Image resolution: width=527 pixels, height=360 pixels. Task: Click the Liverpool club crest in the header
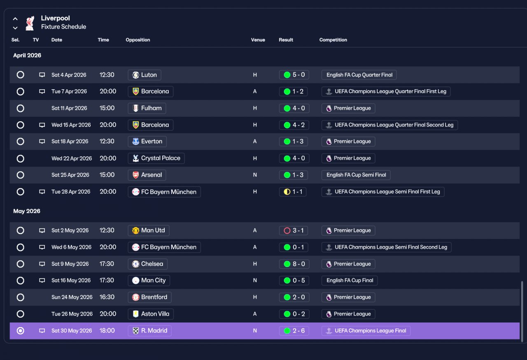(x=30, y=23)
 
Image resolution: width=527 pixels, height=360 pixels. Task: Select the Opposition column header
(x=138, y=40)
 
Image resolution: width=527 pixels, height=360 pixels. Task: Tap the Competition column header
(x=333, y=40)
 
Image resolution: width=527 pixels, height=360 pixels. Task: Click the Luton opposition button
(x=145, y=75)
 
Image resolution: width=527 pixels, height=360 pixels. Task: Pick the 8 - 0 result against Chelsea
(x=294, y=264)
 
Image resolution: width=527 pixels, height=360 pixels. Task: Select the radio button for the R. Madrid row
(x=21, y=331)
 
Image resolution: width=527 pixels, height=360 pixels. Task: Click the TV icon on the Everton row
(x=42, y=141)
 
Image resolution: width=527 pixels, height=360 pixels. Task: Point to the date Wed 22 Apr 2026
(x=72, y=158)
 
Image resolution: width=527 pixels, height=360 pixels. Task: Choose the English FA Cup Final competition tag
(x=350, y=280)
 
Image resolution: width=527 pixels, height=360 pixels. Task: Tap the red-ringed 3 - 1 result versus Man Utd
(x=294, y=230)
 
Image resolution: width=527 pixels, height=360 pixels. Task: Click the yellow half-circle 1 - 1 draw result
(x=293, y=192)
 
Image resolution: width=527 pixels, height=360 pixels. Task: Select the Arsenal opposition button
(x=147, y=175)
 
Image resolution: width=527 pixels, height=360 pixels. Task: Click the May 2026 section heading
(x=27, y=211)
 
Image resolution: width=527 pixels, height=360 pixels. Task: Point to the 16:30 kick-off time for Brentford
(x=107, y=297)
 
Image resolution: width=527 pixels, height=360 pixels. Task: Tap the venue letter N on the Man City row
(x=255, y=280)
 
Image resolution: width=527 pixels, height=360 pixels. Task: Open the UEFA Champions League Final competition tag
(x=366, y=331)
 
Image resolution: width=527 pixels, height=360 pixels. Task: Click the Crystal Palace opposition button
(x=156, y=158)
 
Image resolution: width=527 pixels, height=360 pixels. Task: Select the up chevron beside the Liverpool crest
(x=15, y=19)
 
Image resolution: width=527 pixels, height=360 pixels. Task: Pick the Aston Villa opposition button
(x=151, y=314)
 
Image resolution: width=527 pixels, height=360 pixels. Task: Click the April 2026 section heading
(x=27, y=55)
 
